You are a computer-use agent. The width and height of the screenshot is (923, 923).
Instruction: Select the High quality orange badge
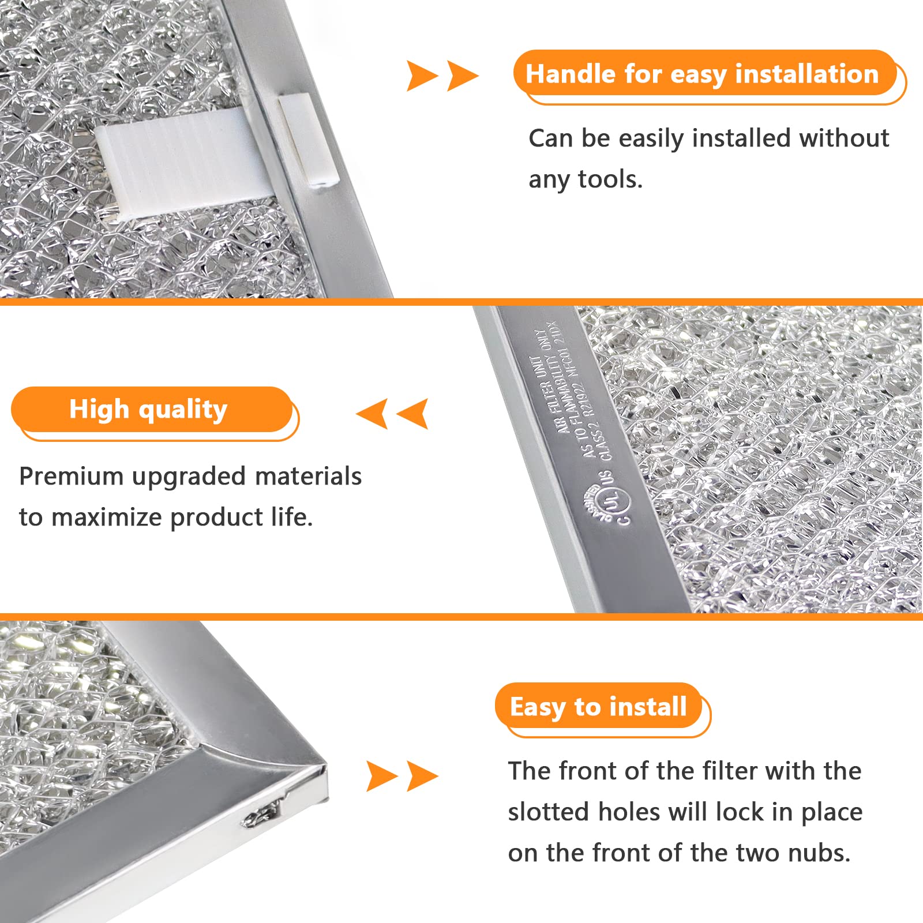coord(151,410)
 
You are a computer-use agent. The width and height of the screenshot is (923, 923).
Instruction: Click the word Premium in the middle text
coord(71,476)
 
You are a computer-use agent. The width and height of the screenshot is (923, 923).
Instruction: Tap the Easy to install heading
coord(598,707)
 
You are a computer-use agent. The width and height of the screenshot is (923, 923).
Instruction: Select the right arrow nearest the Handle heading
coord(463,76)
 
